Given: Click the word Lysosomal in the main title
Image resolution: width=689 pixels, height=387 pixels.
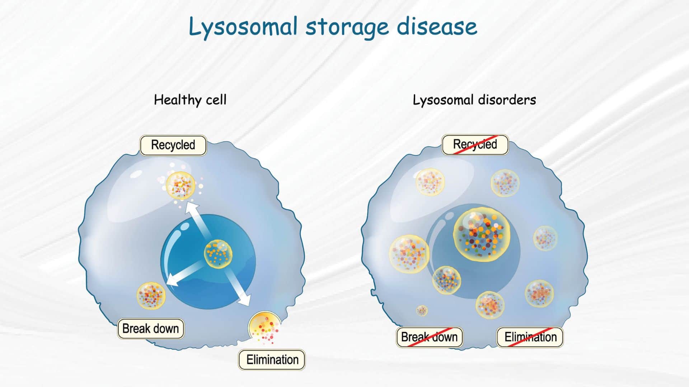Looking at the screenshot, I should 243,27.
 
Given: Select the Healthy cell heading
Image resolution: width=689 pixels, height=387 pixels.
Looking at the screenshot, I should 190,100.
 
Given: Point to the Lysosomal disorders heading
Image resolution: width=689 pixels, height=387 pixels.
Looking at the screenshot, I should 474,100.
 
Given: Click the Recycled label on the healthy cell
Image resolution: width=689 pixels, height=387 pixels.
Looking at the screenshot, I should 173,145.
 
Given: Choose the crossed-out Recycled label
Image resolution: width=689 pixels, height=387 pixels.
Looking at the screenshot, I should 475,144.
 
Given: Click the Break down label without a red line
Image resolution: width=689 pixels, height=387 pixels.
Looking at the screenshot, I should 151,329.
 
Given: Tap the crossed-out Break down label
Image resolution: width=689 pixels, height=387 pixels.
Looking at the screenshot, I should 429,337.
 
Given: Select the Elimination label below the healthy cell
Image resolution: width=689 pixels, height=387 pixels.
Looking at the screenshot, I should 272,359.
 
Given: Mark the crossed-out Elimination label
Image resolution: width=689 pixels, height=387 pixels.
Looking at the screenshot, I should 530,337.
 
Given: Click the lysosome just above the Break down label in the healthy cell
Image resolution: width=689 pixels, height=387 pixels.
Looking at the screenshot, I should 151,296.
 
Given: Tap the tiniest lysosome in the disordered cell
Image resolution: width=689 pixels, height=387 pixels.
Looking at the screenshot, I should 422,310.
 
